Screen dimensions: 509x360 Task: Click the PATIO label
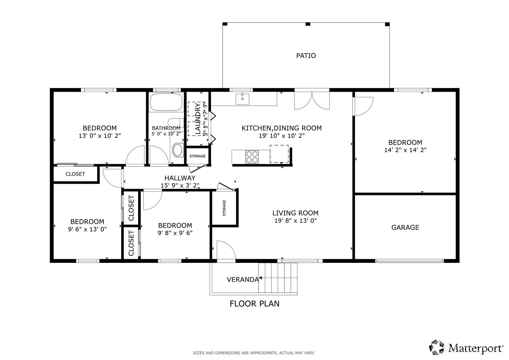click(x=306, y=56)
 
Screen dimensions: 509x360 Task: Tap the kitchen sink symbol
click(x=242, y=99)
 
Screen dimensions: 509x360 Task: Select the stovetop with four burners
click(x=252, y=157)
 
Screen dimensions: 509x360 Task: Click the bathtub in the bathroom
click(x=166, y=102)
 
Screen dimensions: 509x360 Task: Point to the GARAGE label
click(x=405, y=227)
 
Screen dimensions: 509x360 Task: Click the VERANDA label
click(x=243, y=280)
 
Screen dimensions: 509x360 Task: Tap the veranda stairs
click(x=278, y=278)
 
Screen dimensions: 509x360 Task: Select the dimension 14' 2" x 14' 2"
click(x=405, y=150)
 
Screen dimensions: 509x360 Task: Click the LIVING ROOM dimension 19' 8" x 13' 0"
click(x=295, y=221)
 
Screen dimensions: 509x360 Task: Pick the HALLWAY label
click(x=180, y=178)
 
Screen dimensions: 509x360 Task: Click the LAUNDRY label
click(x=198, y=118)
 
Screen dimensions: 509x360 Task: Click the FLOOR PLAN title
click(x=255, y=304)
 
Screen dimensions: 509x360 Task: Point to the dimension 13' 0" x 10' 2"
click(x=100, y=136)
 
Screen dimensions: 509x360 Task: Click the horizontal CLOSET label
click(x=75, y=174)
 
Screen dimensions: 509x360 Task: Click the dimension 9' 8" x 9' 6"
click(x=175, y=233)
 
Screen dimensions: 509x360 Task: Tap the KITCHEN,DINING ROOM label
click(x=282, y=128)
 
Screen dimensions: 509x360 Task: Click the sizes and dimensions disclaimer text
click(x=254, y=353)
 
